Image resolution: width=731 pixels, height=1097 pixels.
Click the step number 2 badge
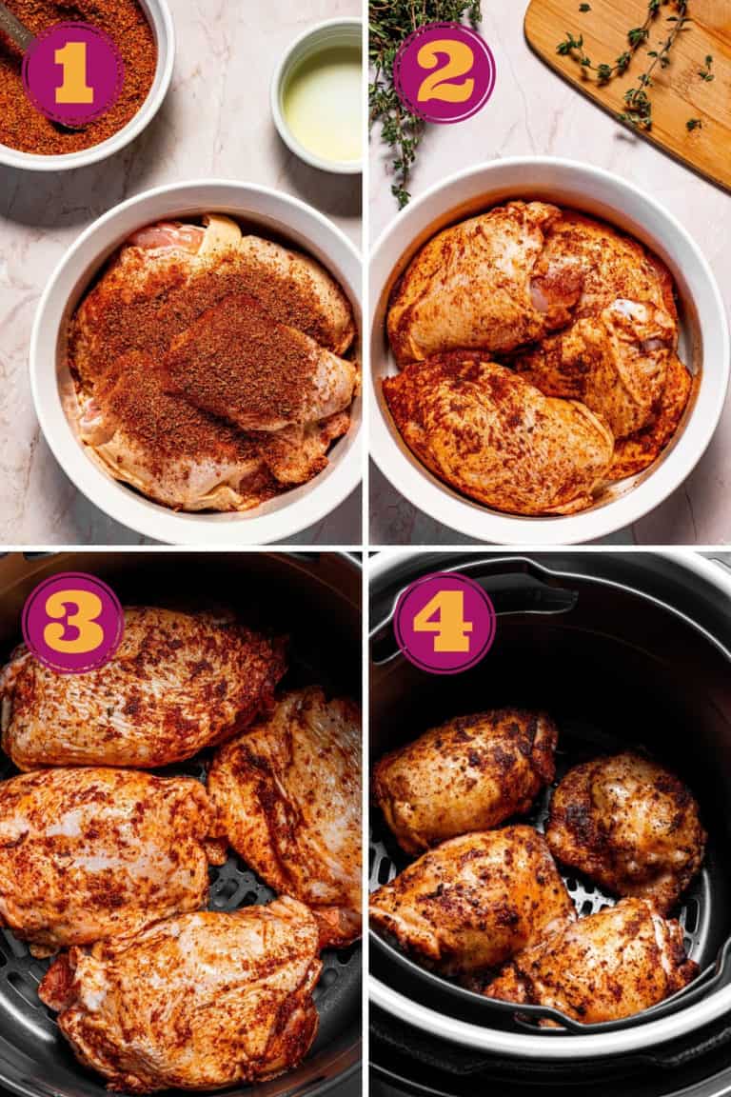[444, 72]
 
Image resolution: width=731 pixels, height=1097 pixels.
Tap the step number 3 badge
[72, 623]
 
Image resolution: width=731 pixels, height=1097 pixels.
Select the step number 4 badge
[444, 623]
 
